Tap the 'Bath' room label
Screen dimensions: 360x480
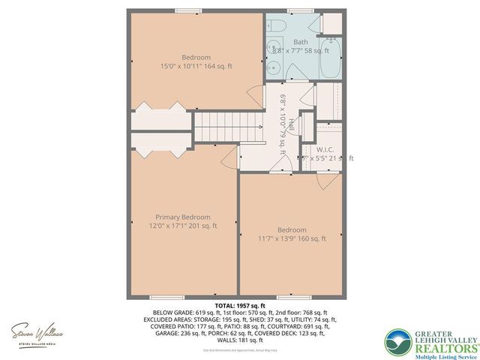point(301,42)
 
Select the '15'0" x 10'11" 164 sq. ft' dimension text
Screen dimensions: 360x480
point(196,66)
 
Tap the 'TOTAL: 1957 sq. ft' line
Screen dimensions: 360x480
point(240,306)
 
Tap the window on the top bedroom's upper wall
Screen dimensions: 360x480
point(187,10)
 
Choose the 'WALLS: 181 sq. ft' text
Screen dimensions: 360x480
point(240,340)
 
